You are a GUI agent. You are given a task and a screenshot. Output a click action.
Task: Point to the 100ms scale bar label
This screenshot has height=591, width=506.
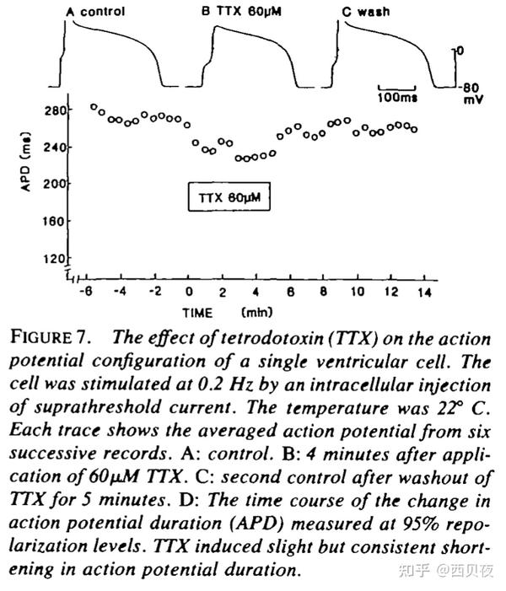tap(396, 97)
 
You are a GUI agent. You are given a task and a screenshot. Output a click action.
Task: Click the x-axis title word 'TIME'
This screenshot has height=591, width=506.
tap(199, 312)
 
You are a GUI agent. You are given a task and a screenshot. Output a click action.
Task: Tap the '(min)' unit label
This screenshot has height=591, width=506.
tap(256, 312)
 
